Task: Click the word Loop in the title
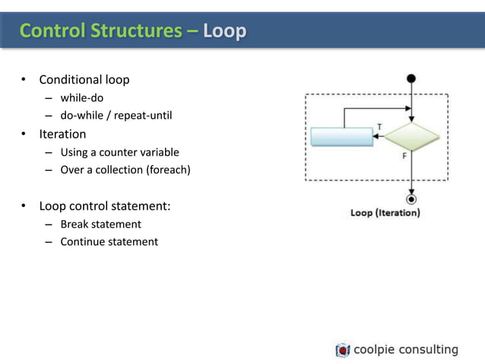(x=225, y=31)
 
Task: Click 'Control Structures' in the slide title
(x=101, y=31)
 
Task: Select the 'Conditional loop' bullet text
(x=84, y=80)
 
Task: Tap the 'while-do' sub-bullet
(x=82, y=98)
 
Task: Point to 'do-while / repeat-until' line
(x=116, y=116)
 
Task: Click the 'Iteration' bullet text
(x=63, y=134)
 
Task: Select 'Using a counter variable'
(x=119, y=152)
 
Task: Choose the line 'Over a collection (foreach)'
(x=125, y=170)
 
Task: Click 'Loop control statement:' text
(x=105, y=206)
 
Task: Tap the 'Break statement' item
(x=101, y=224)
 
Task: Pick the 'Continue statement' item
(x=109, y=241)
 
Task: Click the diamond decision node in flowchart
(x=411, y=136)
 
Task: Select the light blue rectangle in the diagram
(x=341, y=136)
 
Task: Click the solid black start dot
(x=411, y=78)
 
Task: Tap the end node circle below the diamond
(x=411, y=200)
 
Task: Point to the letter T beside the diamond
(x=379, y=126)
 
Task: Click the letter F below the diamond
(x=404, y=155)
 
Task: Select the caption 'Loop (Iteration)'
(x=385, y=213)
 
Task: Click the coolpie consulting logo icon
(x=343, y=350)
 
